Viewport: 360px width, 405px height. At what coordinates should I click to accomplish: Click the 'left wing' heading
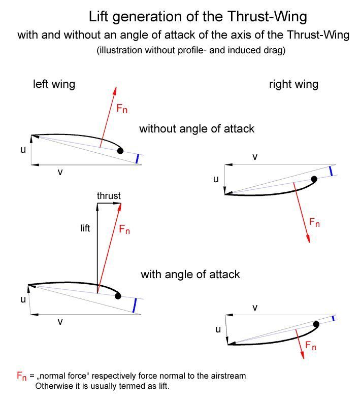(54, 84)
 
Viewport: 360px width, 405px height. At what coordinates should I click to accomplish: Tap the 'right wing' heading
(293, 84)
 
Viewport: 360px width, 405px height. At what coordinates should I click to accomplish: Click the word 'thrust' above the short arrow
(109, 196)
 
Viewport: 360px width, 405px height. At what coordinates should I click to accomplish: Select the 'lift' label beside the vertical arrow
(85, 228)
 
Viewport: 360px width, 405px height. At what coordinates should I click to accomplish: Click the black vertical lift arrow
(97, 248)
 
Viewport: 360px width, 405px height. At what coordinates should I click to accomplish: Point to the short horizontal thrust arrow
(109, 204)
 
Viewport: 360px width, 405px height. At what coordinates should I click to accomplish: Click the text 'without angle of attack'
(197, 128)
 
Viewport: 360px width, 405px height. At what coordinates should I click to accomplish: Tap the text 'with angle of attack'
(190, 274)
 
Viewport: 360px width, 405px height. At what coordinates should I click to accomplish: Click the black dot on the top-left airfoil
(120, 151)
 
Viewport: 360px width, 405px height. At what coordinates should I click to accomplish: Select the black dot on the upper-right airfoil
(314, 179)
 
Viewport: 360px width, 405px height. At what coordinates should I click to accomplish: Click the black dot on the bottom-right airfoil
(316, 324)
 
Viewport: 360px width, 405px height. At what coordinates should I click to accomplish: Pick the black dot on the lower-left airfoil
(118, 296)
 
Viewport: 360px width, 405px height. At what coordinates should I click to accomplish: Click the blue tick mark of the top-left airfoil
(137, 159)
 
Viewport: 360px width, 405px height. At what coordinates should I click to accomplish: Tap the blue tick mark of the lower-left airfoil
(135, 306)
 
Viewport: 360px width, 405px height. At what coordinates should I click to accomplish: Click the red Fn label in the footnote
(22, 376)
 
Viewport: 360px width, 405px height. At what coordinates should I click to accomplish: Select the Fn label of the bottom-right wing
(311, 346)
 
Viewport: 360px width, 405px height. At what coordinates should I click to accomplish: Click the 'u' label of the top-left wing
(23, 150)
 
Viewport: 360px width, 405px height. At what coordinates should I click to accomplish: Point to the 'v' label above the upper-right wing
(255, 156)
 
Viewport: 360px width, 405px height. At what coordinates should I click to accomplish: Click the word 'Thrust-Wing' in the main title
(268, 17)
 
